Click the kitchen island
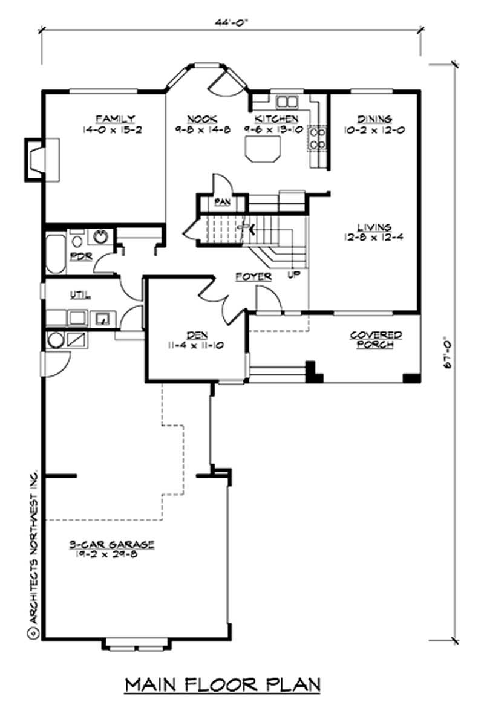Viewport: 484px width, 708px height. [x=263, y=149]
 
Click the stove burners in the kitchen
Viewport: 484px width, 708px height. [x=318, y=138]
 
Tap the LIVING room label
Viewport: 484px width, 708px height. [x=373, y=227]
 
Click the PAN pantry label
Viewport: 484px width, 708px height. [x=222, y=203]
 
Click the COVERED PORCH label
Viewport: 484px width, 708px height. [x=376, y=339]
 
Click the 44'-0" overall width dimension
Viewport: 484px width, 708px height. [x=232, y=21]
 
